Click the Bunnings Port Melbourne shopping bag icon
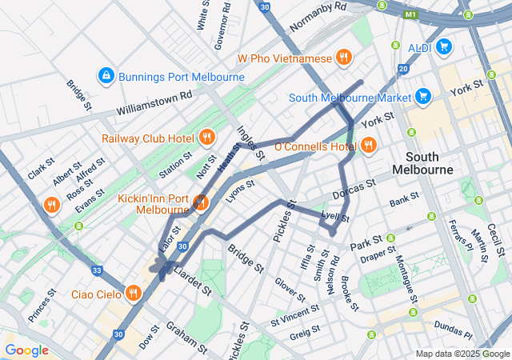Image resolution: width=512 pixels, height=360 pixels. tap(106, 76)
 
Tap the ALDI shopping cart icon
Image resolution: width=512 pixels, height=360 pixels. tap(444, 47)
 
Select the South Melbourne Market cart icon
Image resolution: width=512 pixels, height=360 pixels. tap(424, 98)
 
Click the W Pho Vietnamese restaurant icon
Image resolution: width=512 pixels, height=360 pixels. tap(344, 58)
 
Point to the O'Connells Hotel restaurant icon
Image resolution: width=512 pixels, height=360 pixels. tap(369, 146)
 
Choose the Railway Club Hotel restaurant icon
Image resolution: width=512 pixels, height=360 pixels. tap(207, 137)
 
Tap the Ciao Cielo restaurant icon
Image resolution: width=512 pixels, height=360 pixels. tap(133, 292)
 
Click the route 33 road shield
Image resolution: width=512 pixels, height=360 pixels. tap(96, 270)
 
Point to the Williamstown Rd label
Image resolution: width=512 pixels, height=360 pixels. tap(154, 102)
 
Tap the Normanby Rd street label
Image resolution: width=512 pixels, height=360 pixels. tap(318, 18)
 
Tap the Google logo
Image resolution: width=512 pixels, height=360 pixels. tap(26, 350)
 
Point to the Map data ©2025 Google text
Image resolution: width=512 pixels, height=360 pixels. tap(462, 354)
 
